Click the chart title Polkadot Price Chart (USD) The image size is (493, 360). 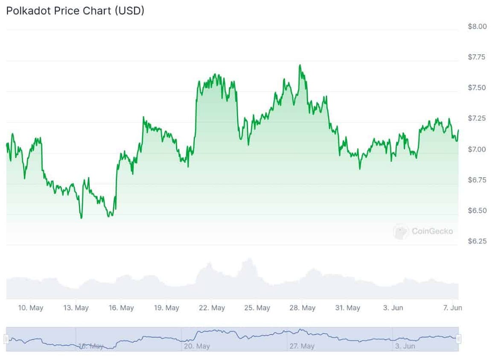75,11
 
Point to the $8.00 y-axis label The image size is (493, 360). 477,26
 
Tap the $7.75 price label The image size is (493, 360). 477,57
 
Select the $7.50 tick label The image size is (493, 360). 477,88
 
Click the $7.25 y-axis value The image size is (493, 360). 477,118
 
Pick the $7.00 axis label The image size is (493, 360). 477,149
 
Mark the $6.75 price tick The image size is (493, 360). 477,180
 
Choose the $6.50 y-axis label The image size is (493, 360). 477,211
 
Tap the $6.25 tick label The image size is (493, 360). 477,241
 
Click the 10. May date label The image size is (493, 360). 31,308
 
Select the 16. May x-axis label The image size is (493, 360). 121,308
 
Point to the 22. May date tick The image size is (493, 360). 212,308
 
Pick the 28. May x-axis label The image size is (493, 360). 303,308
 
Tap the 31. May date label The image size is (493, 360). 347,308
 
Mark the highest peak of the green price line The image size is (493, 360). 300,65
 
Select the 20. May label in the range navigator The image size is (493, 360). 197,346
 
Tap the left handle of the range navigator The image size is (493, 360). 6,339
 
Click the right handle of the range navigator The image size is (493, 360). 458,339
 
